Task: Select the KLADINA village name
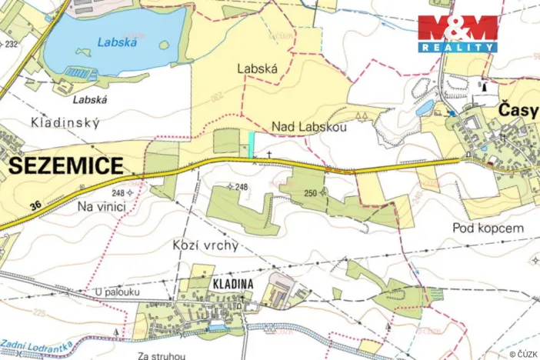(230, 284)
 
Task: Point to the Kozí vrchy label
(202, 245)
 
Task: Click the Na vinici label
(101, 207)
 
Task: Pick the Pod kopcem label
(488, 228)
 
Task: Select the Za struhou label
(159, 355)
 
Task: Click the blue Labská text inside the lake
(117, 43)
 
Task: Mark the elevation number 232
(12, 44)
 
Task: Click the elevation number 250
(310, 192)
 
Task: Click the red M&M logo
(457, 28)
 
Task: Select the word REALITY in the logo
(457, 47)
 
